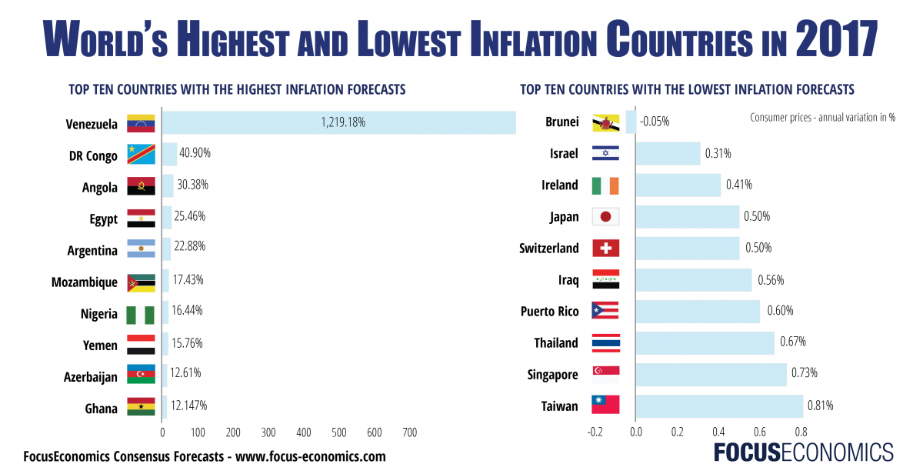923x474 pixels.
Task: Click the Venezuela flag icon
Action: point(141,123)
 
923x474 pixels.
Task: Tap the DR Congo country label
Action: point(93,155)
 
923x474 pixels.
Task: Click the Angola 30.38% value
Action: point(192,185)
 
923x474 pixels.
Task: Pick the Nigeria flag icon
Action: point(141,314)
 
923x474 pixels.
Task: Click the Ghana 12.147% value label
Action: point(189,405)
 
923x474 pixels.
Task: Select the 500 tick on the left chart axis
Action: point(339,432)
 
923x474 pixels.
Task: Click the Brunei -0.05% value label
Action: point(654,122)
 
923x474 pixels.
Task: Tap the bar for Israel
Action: point(668,153)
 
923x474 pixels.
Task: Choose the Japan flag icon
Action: point(605,217)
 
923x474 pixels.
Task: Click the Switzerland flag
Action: point(605,249)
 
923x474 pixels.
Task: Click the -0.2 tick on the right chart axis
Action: point(594,432)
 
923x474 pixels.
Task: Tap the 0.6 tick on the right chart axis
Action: point(760,432)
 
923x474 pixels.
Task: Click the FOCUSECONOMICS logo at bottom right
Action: point(803,452)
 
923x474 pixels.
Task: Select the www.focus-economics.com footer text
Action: point(310,456)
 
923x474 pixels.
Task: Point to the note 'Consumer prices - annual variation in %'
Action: point(822,118)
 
